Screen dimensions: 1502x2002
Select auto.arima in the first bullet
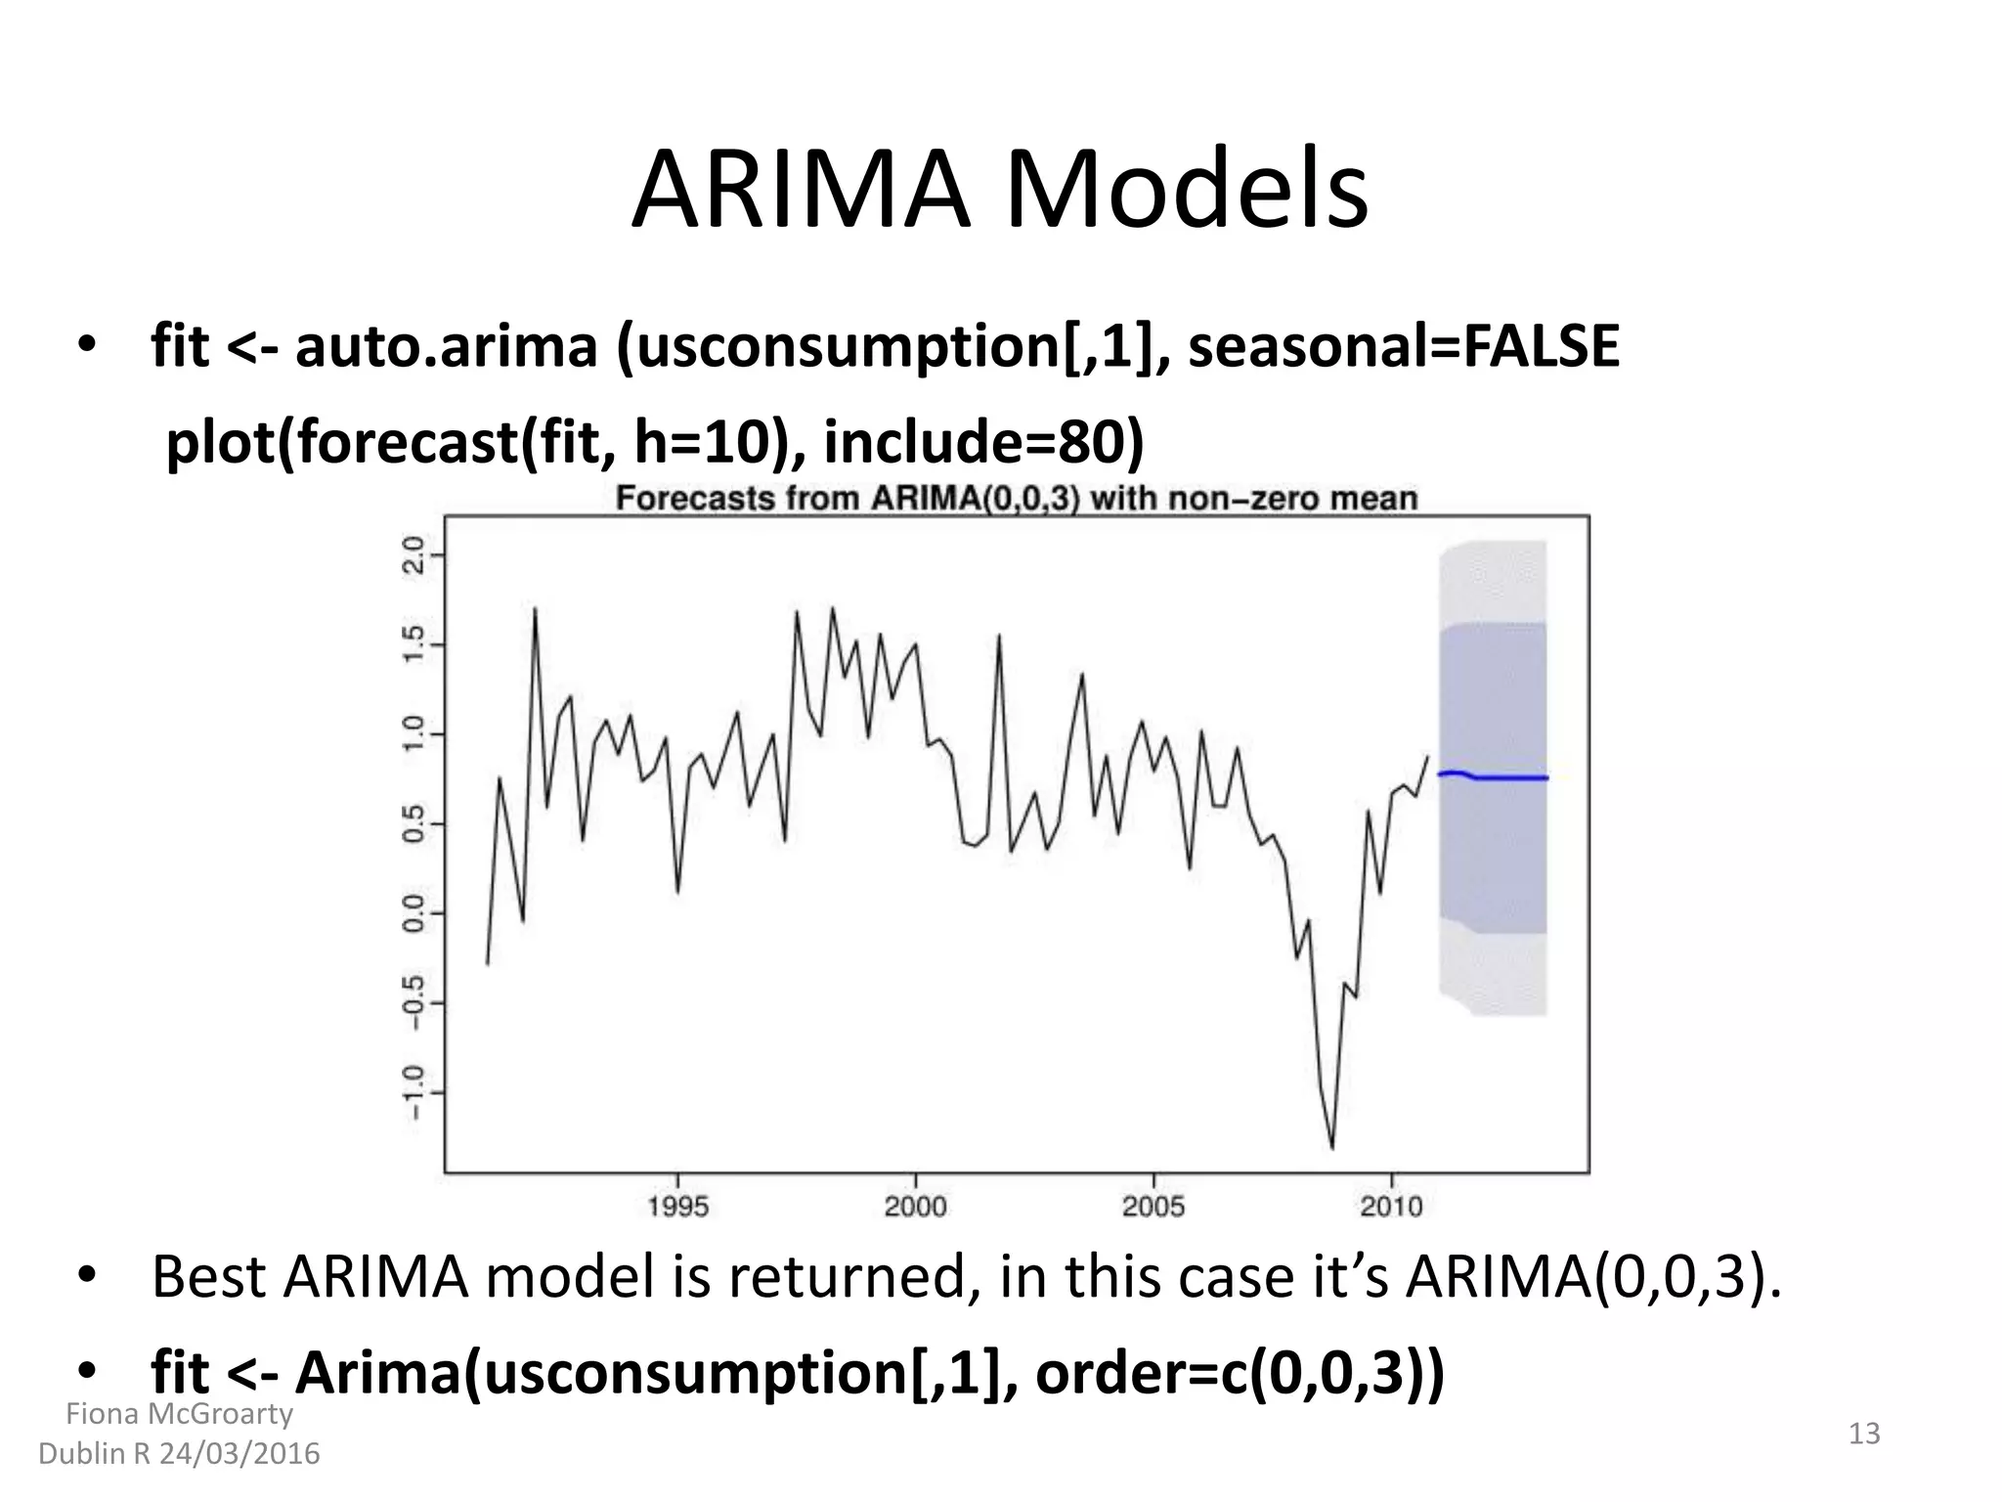pyautogui.click(x=446, y=346)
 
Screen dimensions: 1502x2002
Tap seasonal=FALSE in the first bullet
pyautogui.click(x=1403, y=346)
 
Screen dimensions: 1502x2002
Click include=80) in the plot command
pyautogui.click(x=983, y=442)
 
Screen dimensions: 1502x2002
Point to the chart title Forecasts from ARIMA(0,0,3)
pyautogui.click(x=1016, y=499)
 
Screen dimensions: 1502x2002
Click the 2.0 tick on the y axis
pyautogui.click(x=414, y=554)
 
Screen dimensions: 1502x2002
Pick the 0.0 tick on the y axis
pyautogui.click(x=414, y=912)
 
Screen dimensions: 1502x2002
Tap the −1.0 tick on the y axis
pyautogui.click(x=414, y=1091)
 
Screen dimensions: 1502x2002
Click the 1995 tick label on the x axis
pyautogui.click(x=677, y=1207)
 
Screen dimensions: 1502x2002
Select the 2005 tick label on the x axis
pyautogui.click(x=1153, y=1207)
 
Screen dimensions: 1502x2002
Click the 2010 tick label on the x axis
pyautogui.click(x=1391, y=1207)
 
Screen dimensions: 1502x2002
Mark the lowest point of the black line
pyautogui.click(x=1331, y=1147)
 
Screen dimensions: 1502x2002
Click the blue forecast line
pyautogui.click(x=1505, y=777)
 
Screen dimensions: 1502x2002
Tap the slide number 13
pyautogui.click(x=1864, y=1434)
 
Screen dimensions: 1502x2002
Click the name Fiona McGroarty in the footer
pyautogui.click(x=179, y=1414)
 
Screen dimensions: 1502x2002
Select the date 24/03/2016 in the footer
pyautogui.click(x=239, y=1454)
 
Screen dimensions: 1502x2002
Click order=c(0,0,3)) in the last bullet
pyautogui.click(x=1239, y=1373)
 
